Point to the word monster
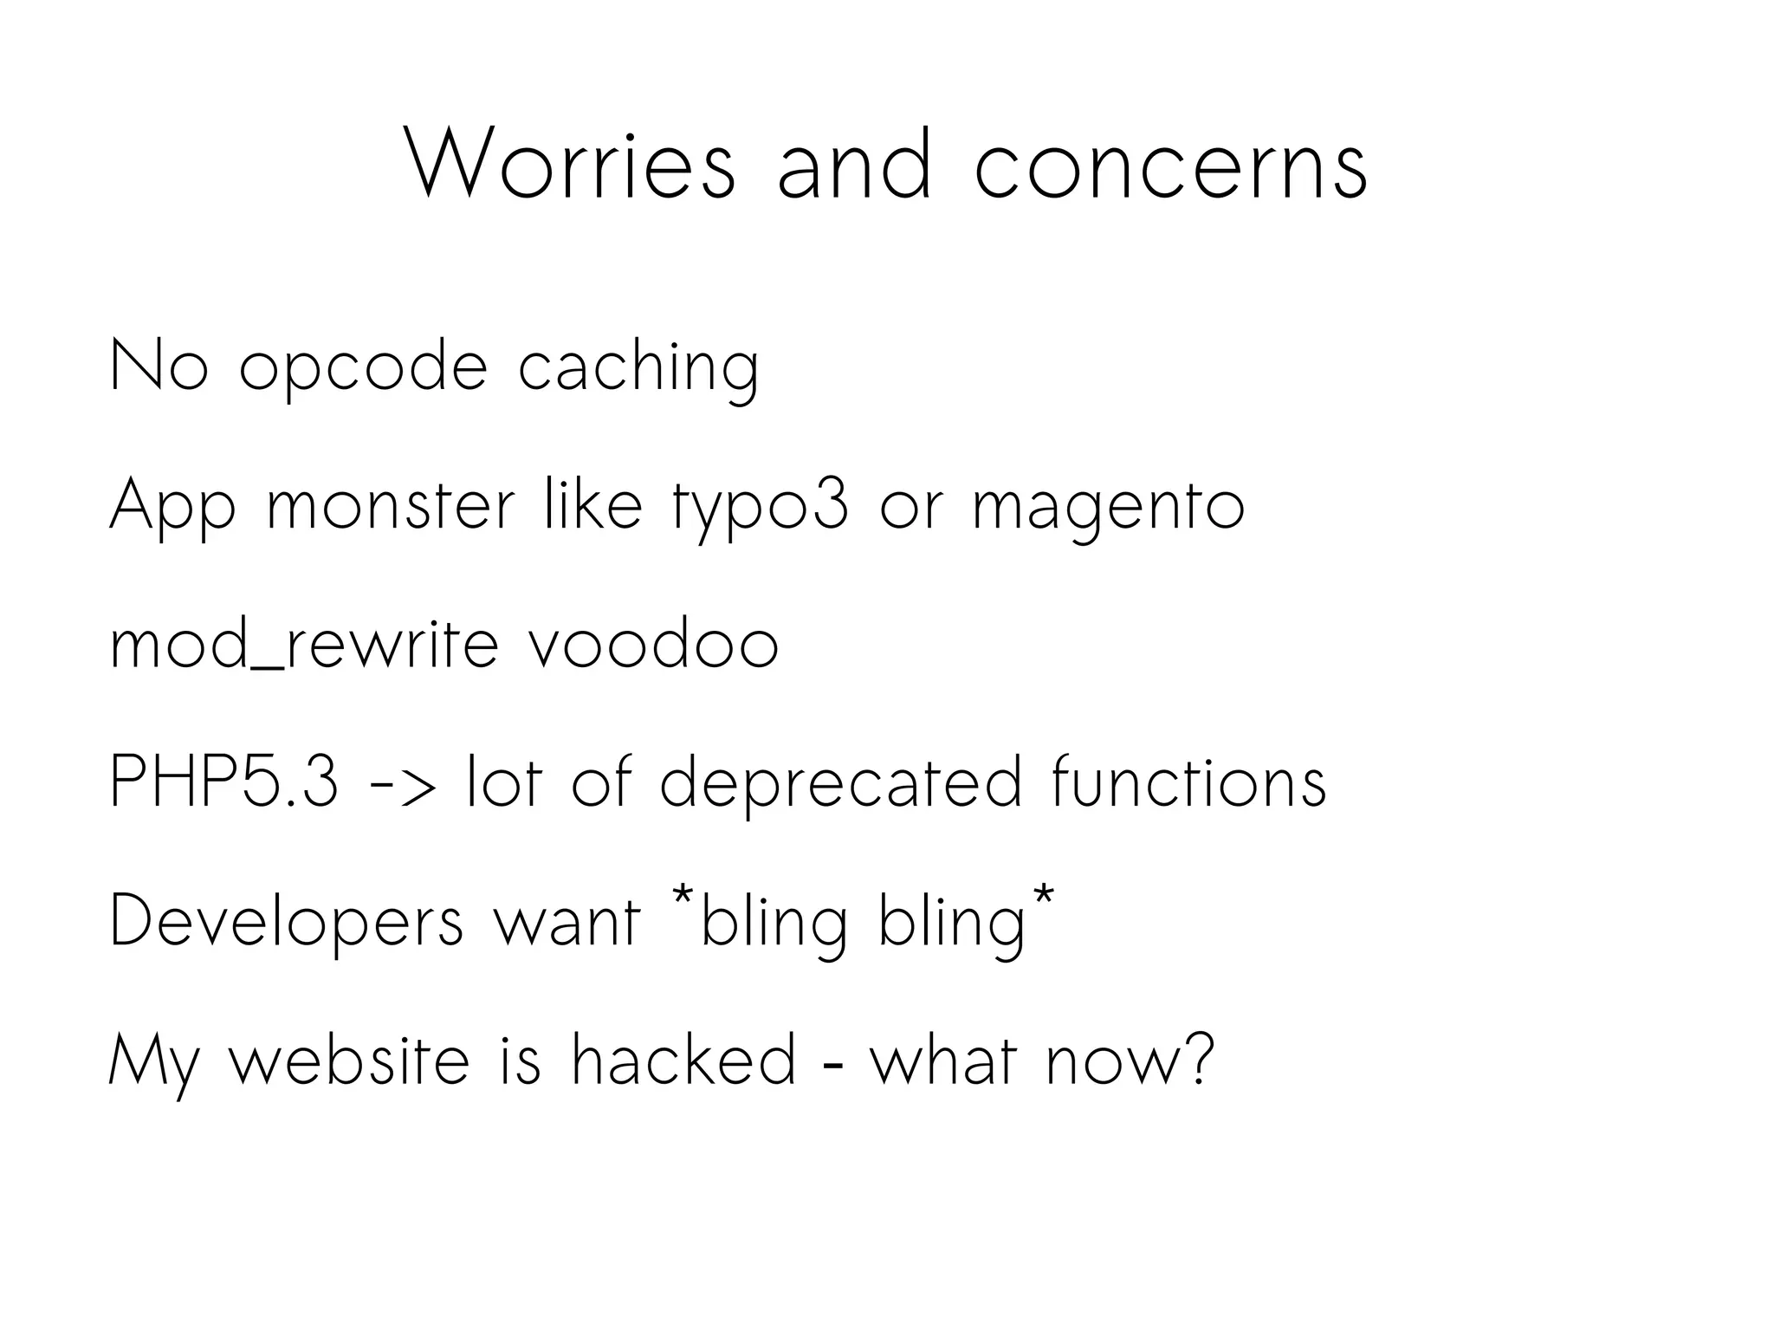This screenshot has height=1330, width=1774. click(391, 506)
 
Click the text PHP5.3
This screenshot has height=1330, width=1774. click(223, 782)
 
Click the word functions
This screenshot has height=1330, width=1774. click(1188, 782)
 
